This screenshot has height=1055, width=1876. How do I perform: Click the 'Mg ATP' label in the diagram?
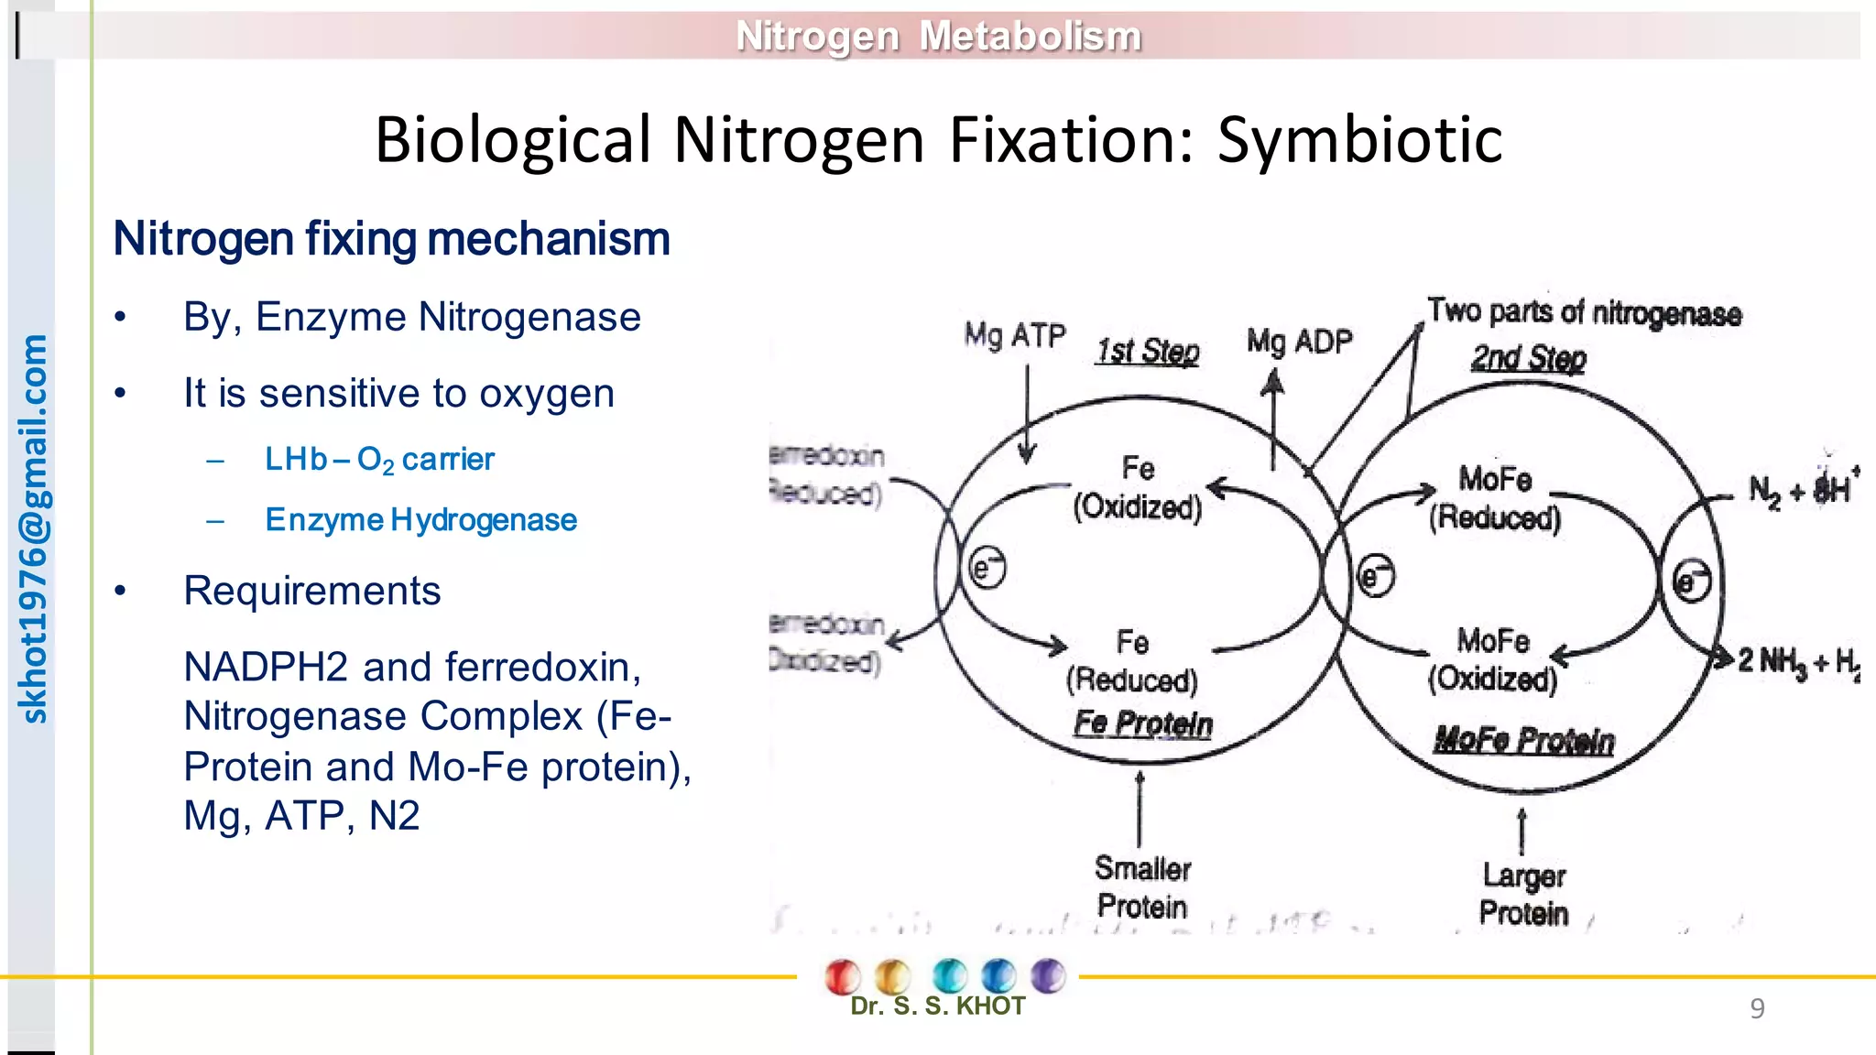[x=1015, y=336]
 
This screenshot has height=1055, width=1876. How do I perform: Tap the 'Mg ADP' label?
[x=1299, y=342]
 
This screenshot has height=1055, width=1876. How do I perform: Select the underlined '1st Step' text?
[x=1148, y=351]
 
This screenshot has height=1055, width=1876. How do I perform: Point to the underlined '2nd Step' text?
[x=1528, y=358]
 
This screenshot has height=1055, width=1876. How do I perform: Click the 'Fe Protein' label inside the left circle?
[x=1143, y=723]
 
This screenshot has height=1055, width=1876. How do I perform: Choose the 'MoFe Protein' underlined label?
[x=1524, y=740]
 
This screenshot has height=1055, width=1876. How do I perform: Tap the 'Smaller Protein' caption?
[x=1142, y=886]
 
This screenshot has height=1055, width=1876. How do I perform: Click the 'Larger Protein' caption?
[x=1523, y=894]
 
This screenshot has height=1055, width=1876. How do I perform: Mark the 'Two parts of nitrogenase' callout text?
[x=1584, y=312]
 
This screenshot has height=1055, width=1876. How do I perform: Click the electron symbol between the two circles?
[x=1375, y=576]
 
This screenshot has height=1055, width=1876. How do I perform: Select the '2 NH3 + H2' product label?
[x=1797, y=660]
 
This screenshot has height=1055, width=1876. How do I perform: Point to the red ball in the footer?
[x=842, y=976]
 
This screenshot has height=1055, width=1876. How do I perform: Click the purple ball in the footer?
[x=1048, y=975]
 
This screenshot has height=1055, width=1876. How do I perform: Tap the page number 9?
[x=1757, y=1008]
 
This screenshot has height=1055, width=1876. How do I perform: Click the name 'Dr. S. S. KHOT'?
[x=937, y=1006]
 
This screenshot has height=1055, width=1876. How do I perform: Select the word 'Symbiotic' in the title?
[x=1359, y=140]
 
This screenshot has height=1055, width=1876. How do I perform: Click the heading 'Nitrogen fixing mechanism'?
[x=391, y=239]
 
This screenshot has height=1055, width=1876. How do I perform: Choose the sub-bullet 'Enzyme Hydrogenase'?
[x=420, y=519]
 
